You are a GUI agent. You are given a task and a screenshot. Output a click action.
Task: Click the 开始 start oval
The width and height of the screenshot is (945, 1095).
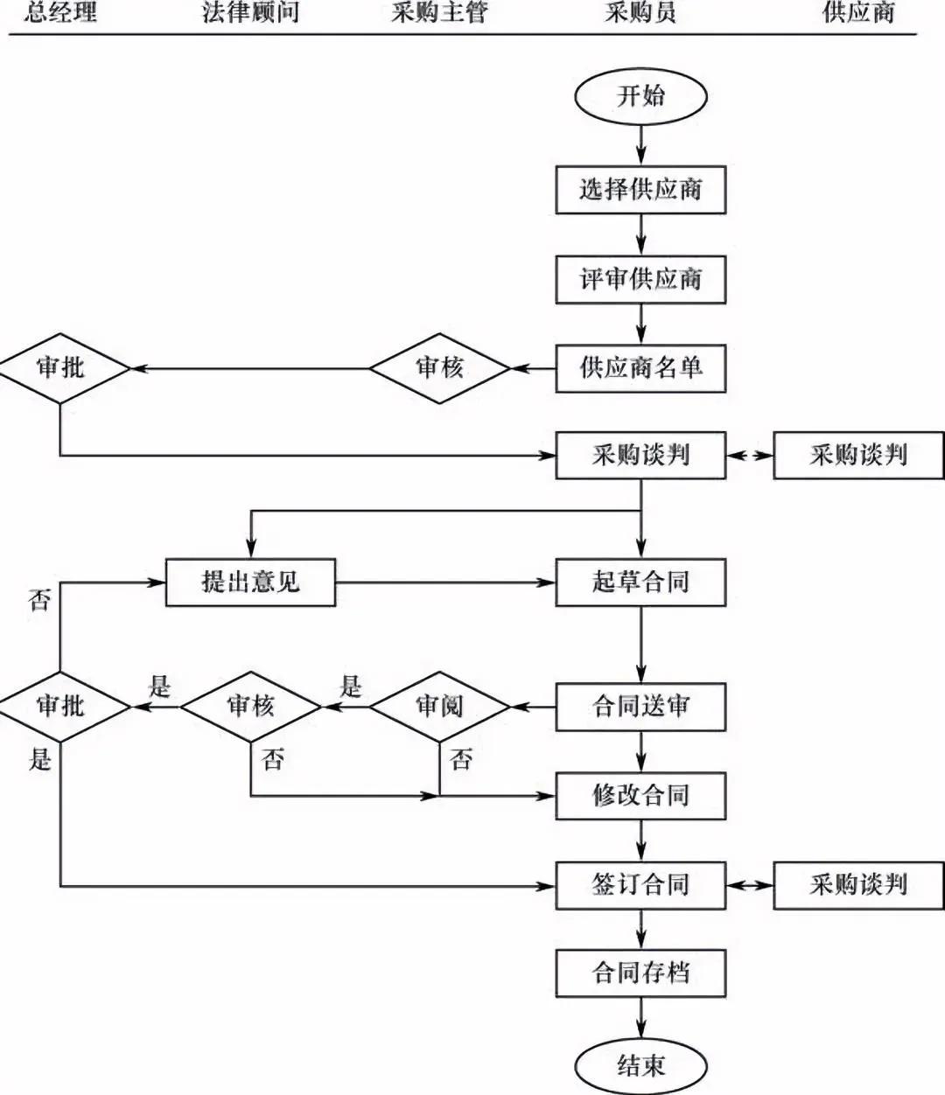640,96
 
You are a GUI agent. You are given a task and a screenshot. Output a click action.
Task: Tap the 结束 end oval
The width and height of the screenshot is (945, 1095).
640,1065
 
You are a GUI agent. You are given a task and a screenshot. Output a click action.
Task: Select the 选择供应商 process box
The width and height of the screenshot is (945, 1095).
640,190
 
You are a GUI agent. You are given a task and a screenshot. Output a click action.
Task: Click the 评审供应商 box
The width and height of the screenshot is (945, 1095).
640,280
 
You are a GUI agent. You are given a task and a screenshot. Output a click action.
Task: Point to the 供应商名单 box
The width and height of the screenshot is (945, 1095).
640,368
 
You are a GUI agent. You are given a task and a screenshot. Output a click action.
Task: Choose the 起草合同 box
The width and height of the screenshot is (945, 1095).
640,582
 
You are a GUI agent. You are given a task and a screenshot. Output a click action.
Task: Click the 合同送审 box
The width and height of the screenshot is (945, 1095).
640,707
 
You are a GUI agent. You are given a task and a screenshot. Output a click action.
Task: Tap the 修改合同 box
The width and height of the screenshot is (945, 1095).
640,796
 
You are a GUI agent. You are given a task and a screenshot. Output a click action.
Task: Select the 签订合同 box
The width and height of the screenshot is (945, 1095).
640,885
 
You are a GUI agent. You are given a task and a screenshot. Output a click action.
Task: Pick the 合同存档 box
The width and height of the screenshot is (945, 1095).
640,973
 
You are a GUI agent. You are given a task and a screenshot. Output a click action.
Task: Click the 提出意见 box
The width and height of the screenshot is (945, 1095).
250,582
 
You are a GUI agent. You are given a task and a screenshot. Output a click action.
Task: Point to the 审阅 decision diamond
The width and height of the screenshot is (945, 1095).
439,707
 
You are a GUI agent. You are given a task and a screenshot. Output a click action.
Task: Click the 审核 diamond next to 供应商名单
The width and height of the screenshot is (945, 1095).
439,368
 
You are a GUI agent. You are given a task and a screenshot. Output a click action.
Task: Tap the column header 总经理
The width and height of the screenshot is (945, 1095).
60,13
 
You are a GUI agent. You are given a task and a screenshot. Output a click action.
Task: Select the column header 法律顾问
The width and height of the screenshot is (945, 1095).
250,13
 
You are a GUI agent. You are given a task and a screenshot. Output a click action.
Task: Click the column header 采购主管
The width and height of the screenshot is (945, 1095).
438,13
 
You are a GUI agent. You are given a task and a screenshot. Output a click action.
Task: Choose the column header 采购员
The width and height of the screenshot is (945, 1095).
640,13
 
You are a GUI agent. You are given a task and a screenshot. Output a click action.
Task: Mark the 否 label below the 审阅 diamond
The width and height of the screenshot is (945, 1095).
461,759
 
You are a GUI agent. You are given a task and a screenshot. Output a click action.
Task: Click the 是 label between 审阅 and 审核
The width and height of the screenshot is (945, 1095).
350,686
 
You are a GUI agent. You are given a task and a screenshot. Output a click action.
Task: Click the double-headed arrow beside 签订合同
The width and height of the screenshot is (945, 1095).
750,885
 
